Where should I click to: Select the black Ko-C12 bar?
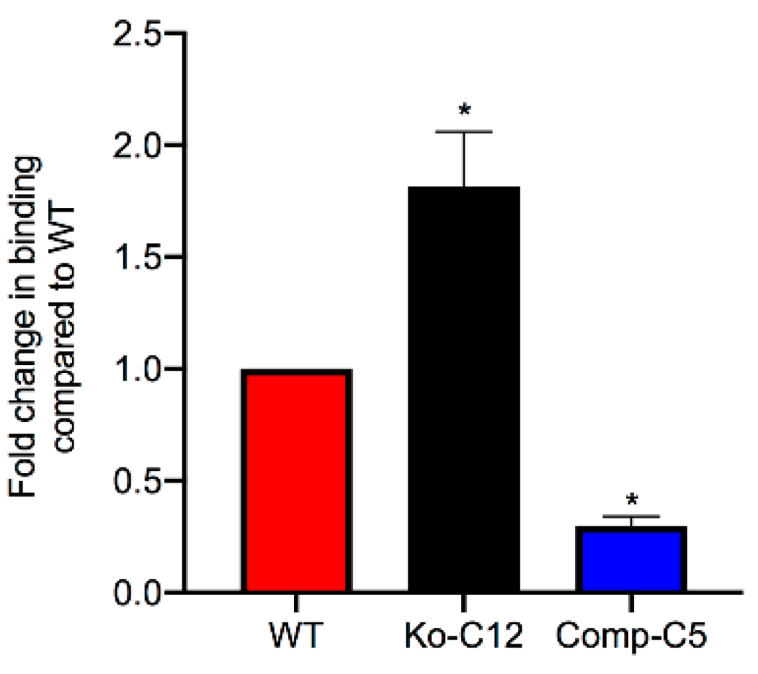click(x=463, y=389)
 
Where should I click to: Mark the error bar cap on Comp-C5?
click(x=631, y=516)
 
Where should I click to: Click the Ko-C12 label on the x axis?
click(x=462, y=638)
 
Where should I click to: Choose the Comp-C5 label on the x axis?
click(x=631, y=638)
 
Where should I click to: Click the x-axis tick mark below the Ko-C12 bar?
click(x=463, y=602)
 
